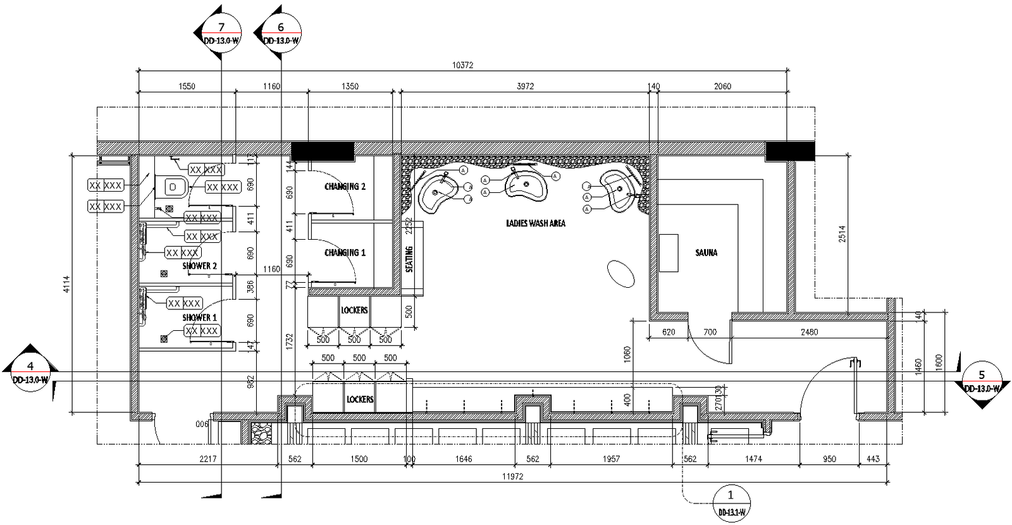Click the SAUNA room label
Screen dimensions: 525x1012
point(706,252)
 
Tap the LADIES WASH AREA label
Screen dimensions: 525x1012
point(535,223)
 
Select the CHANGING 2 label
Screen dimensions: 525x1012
point(345,187)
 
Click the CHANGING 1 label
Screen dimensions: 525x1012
point(345,252)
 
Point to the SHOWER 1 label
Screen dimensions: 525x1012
point(200,318)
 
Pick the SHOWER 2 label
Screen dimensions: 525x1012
point(200,266)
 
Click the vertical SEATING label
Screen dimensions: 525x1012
point(409,259)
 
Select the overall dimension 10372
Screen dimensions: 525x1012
point(462,65)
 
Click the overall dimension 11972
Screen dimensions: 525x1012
point(512,476)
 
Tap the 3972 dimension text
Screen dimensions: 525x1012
point(525,87)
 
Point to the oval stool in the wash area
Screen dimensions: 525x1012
point(620,275)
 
